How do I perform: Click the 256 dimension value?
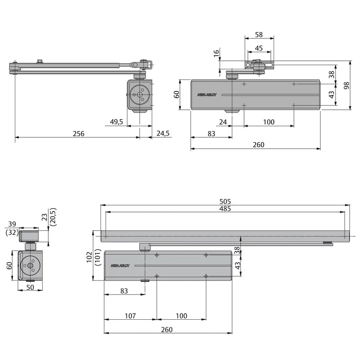click(78, 134)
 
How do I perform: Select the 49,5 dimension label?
click(116, 122)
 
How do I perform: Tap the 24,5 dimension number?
click(163, 134)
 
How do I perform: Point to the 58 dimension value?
click(259, 35)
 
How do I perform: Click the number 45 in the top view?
click(259, 48)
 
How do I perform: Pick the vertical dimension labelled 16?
click(216, 54)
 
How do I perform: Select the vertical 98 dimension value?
click(346, 85)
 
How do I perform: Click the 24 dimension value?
click(223, 122)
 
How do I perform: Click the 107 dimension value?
click(130, 316)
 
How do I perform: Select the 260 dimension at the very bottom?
click(167, 330)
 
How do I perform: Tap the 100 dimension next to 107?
click(181, 316)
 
